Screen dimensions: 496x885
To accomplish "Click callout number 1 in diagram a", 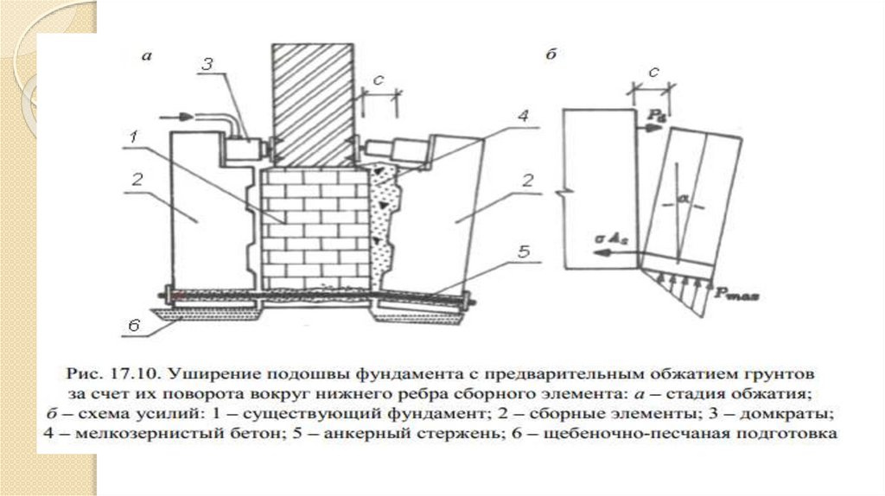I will (135, 136).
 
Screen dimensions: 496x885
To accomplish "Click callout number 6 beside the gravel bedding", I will (134, 326).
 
